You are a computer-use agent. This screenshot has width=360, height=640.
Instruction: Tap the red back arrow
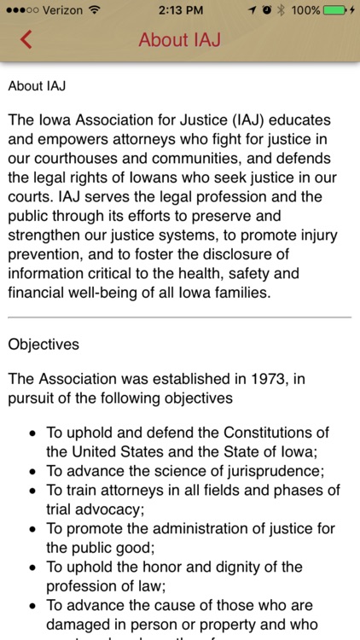point(26,39)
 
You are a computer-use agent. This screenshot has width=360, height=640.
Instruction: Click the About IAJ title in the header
point(180,39)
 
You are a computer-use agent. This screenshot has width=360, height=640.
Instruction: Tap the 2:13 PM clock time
point(180,9)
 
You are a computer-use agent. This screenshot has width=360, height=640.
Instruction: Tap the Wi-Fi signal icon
point(94,9)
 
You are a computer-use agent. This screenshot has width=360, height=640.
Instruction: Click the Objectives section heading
point(44,345)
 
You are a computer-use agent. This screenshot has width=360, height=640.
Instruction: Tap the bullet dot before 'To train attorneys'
point(31,491)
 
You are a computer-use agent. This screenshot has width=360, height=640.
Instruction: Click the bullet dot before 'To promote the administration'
point(31,528)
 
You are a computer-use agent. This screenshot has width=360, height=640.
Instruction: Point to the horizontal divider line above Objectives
point(180,317)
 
